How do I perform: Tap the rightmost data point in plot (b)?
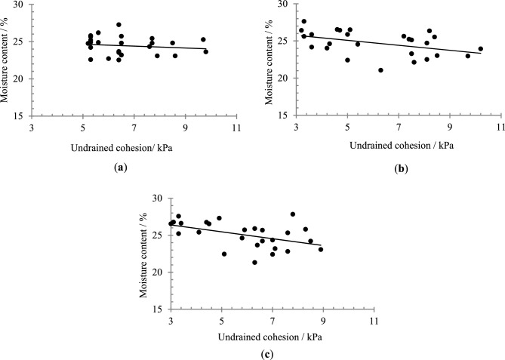480,49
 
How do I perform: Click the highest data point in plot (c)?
293,214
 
